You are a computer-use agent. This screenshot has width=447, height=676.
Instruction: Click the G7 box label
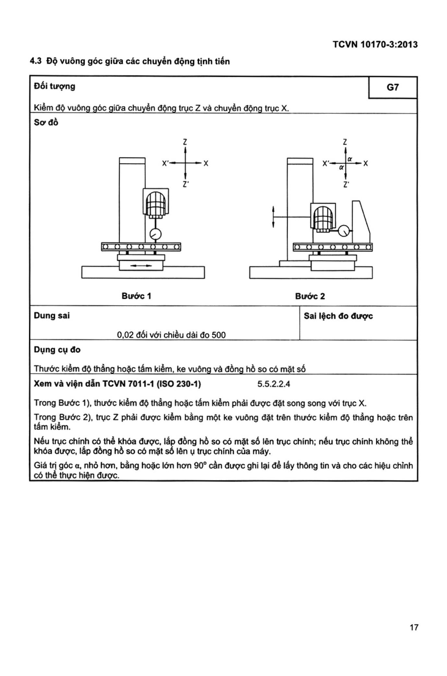pyautogui.click(x=393, y=87)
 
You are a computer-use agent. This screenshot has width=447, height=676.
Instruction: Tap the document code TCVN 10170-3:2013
pyautogui.click(x=375, y=45)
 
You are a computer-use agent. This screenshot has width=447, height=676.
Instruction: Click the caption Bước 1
pyautogui.click(x=136, y=296)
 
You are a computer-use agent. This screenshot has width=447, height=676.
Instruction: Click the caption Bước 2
pyautogui.click(x=310, y=296)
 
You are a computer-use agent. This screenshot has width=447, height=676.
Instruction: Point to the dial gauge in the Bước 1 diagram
pyautogui.click(x=155, y=234)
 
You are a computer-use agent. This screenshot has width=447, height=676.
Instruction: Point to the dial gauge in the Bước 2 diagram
pyautogui.click(x=344, y=231)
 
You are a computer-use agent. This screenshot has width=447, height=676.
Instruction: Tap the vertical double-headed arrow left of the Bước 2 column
pyautogui.click(x=273, y=217)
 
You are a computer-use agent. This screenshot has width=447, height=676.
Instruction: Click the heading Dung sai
pyautogui.click(x=52, y=316)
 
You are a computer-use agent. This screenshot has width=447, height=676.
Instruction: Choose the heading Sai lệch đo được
pyautogui.click(x=338, y=316)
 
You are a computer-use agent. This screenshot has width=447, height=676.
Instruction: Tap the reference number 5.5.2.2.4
pyautogui.click(x=273, y=384)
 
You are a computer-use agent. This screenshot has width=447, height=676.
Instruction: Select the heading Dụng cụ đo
pyautogui.click(x=57, y=350)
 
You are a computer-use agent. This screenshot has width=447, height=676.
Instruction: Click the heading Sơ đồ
pyautogui.click(x=46, y=123)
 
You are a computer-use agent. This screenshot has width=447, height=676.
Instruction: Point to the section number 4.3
pyautogui.click(x=36, y=61)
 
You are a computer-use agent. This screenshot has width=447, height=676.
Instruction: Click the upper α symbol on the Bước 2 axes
pyautogui.click(x=350, y=159)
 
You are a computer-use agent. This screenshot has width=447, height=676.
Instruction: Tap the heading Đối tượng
pyautogui.click(x=54, y=86)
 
